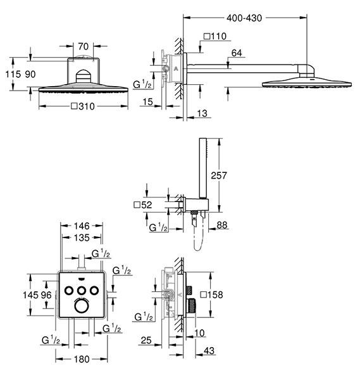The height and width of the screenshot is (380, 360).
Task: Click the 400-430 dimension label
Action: pyautogui.click(x=244, y=18)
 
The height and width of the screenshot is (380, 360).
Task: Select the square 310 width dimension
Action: pyautogui.click(x=83, y=106)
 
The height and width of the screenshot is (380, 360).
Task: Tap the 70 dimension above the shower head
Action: pyautogui.click(x=84, y=46)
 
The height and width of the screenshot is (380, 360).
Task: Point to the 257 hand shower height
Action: pyautogui.click(x=219, y=175)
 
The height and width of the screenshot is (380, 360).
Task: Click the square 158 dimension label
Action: pyautogui.click(x=211, y=294)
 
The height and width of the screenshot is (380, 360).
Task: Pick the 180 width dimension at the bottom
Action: pyautogui.click(x=82, y=359)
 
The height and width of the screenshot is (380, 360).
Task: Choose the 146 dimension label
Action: pyautogui.click(x=82, y=226)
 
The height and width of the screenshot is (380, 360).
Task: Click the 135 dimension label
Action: pyautogui.click(x=82, y=237)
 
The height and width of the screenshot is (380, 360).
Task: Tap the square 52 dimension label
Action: pyautogui.click(x=143, y=205)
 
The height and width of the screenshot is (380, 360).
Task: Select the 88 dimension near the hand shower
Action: pyautogui.click(x=222, y=225)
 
